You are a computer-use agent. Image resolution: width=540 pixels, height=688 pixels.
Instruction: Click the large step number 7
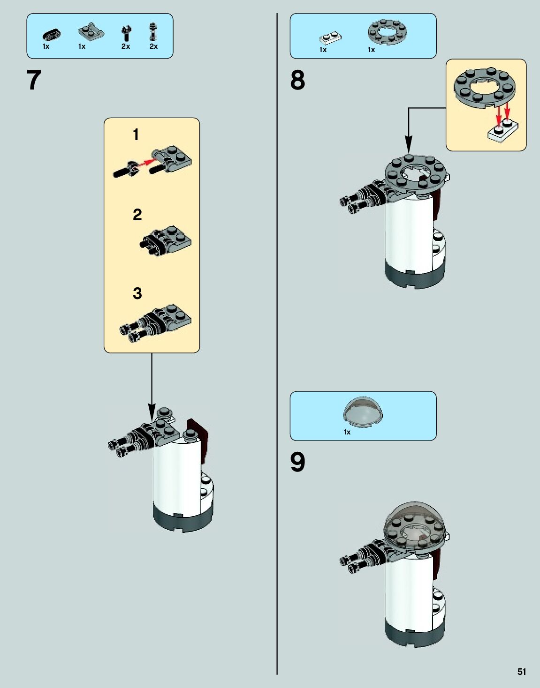[34, 80]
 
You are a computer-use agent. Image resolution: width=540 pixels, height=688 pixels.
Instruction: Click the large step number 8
[297, 80]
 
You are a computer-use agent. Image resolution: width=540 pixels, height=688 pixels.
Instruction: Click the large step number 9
[297, 462]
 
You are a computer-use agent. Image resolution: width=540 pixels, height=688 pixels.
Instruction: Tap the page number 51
[522, 672]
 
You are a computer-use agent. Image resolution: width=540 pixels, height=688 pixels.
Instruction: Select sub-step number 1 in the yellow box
[136, 135]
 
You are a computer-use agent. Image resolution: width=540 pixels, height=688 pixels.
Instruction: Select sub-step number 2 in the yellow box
[137, 215]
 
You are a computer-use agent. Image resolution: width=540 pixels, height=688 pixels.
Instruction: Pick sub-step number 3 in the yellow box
[137, 293]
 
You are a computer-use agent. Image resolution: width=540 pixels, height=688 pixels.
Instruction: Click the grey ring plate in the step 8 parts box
[387, 32]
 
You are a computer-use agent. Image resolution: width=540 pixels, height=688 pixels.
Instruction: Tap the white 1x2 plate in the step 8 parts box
[330, 37]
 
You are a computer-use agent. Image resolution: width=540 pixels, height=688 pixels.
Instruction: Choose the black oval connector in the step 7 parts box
[51, 34]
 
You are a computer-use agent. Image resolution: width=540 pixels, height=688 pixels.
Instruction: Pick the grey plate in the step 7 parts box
[90, 32]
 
